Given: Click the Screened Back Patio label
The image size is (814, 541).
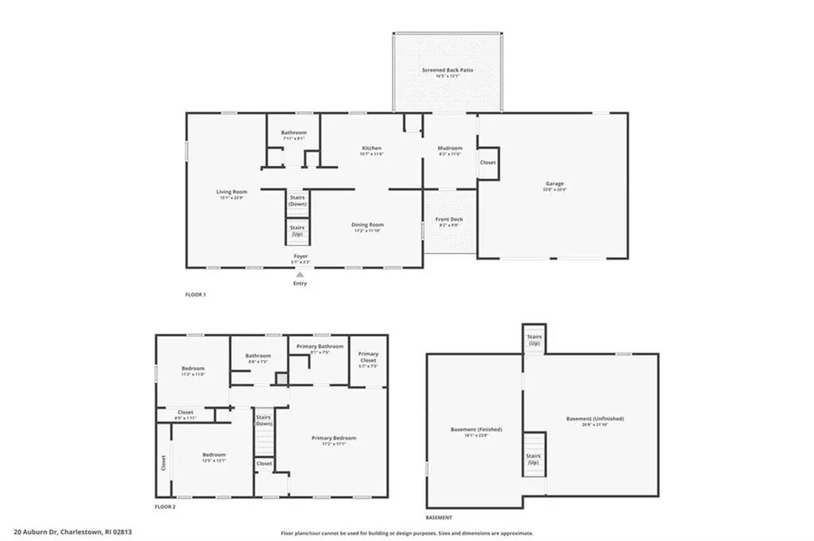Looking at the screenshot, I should [x=448, y=71].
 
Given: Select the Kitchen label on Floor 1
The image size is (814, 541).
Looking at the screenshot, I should [x=371, y=149].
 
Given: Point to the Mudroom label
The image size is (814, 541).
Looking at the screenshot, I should [x=450, y=149].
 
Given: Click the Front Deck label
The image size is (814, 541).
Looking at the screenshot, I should [x=448, y=219].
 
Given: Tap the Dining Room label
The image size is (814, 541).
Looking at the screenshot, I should [x=367, y=225].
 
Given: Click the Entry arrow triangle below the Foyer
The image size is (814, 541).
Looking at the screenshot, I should [x=300, y=274].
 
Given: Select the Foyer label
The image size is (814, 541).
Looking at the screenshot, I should [x=300, y=257].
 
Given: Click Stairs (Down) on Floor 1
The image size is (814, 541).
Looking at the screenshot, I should [x=297, y=200].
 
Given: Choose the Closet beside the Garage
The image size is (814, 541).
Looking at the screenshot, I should [x=487, y=162].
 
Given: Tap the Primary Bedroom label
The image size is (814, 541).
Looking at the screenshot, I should [x=333, y=438].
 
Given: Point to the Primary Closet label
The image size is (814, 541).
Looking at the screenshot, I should [x=368, y=357].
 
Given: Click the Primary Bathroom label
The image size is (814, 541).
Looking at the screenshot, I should [x=320, y=346].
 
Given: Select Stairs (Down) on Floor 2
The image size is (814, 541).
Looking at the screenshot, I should [x=263, y=420].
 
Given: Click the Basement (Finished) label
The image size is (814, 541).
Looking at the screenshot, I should [x=474, y=430].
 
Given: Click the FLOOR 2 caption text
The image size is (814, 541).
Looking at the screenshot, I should [x=165, y=506].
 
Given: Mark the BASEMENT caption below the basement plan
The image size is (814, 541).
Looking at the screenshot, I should [x=439, y=517].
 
